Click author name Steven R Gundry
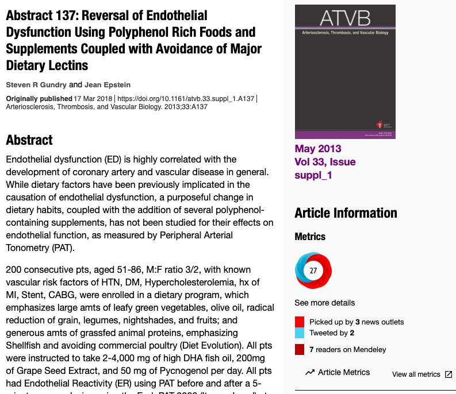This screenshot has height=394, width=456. (36, 85)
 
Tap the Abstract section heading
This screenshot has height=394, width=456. (29, 140)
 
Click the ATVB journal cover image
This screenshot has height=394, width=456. (345, 72)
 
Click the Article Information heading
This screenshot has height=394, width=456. (346, 213)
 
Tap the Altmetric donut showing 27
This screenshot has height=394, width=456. (313, 271)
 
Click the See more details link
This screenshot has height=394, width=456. (325, 303)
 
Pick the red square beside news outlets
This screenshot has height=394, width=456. (300, 322)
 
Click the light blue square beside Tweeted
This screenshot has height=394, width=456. (300, 333)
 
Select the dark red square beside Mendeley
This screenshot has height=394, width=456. (300, 349)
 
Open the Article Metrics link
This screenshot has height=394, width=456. (344, 372)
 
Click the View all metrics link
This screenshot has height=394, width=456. (416, 374)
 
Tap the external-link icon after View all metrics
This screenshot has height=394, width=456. (449, 374)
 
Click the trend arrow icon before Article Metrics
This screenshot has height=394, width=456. (310, 372)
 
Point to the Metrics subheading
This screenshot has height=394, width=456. (310, 237)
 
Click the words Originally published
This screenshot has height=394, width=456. (39, 99)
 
